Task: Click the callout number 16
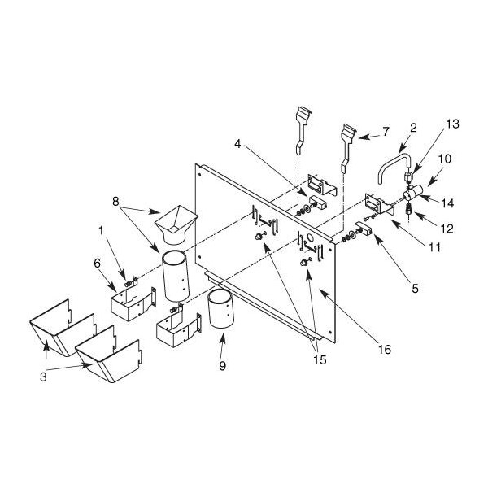tap(385, 350)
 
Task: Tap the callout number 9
tap(222, 366)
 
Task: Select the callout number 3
tap(43, 377)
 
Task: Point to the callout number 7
tap(386, 132)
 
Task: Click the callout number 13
tap(452, 124)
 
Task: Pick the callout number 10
tap(445, 159)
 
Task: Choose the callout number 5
tap(415, 289)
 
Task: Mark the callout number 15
tap(320, 360)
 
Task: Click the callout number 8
tap(115, 202)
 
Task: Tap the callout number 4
tap(237, 144)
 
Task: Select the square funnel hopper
tap(176, 224)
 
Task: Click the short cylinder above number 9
tap(220, 308)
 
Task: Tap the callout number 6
tap(98, 264)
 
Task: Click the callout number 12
tap(447, 229)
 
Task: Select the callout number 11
tap(434, 247)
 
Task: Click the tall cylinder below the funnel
tap(175, 276)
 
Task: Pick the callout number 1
tap(101, 231)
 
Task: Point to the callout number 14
tap(448, 203)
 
